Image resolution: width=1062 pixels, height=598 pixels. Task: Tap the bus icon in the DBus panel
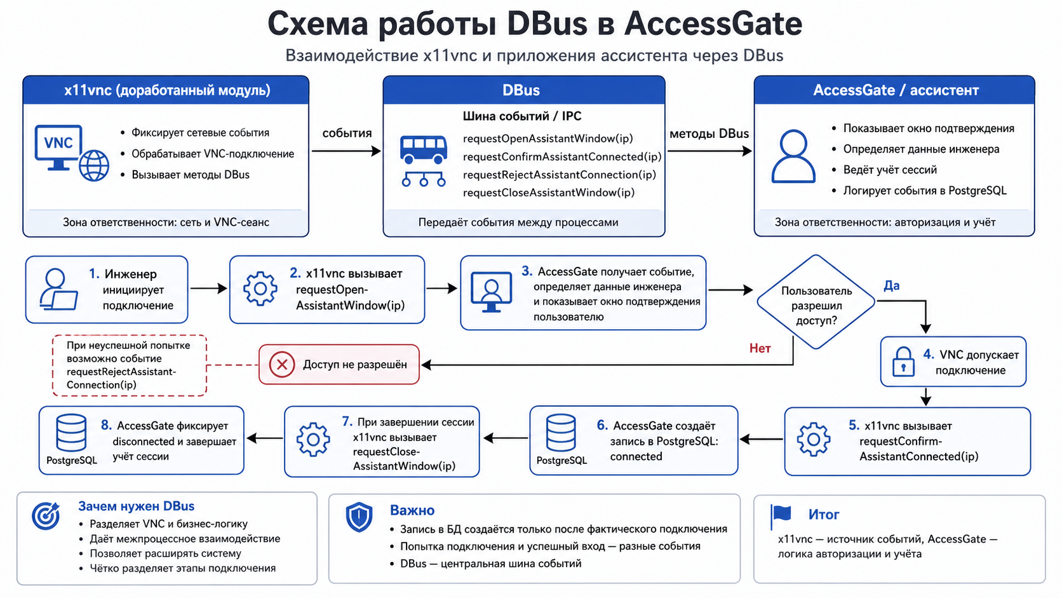[424, 149]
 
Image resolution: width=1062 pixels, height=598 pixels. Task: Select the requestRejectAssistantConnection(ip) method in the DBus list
[560, 175]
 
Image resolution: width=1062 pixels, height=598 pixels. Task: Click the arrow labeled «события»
[347, 151]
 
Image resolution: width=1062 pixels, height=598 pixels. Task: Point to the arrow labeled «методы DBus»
[709, 151]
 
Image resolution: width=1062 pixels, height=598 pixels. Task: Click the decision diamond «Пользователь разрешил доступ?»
[816, 302]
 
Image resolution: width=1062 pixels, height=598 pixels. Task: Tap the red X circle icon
[282, 364]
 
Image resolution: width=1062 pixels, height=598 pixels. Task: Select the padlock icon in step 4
[903, 362]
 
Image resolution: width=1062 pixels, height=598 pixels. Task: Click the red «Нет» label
[760, 348]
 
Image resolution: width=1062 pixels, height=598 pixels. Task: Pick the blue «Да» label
[891, 285]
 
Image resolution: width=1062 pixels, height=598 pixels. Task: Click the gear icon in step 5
[814, 439]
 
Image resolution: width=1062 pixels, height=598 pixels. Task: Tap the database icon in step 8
[71, 432]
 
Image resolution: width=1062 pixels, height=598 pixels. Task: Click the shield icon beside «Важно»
[359, 517]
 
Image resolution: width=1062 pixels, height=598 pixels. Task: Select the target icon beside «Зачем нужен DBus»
[46, 515]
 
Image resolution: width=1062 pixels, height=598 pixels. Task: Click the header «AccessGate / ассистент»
[896, 90]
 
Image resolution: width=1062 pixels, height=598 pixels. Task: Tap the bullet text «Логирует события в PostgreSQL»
[925, 191]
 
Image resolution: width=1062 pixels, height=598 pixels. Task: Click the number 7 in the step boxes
[347, 421]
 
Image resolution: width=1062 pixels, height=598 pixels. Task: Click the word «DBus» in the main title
[547, 24]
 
